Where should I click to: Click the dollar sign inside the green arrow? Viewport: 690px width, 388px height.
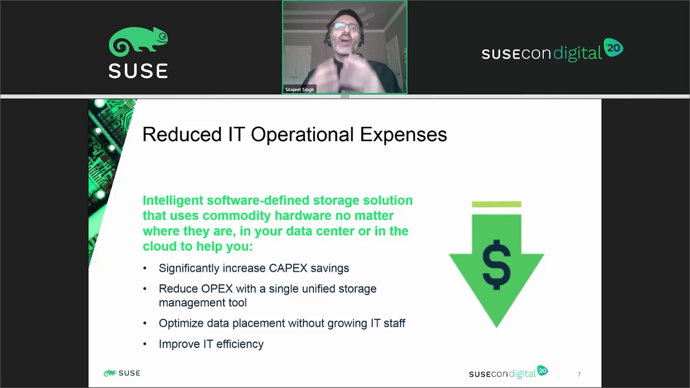[x=496, y=264]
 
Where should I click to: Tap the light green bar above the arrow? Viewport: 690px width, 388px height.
[x=496, y=204]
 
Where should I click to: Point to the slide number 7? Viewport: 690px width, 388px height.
[x=579, y=374]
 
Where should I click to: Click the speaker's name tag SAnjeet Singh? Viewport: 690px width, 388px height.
[x=300, y=89]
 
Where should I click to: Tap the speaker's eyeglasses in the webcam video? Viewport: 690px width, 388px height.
[x=345, y=27]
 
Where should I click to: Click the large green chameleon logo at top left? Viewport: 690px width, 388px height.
[x=139, y=41]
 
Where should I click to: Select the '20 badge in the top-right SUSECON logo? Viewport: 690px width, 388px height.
[x=613, y=48]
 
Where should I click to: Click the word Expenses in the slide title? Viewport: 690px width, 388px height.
[x=403, y=135]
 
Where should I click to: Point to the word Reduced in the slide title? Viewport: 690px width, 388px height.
[x=181, y=135]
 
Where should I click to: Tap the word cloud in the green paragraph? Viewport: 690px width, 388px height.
[x=160, y=246]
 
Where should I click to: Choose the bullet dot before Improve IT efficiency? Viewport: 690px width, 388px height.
[x=144, y=344]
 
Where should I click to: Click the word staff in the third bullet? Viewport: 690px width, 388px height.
[x=392, y=323]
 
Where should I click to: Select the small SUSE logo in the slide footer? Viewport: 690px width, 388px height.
[x=122, y=373]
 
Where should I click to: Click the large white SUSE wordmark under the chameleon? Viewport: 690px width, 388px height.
[x=139, y=71]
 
